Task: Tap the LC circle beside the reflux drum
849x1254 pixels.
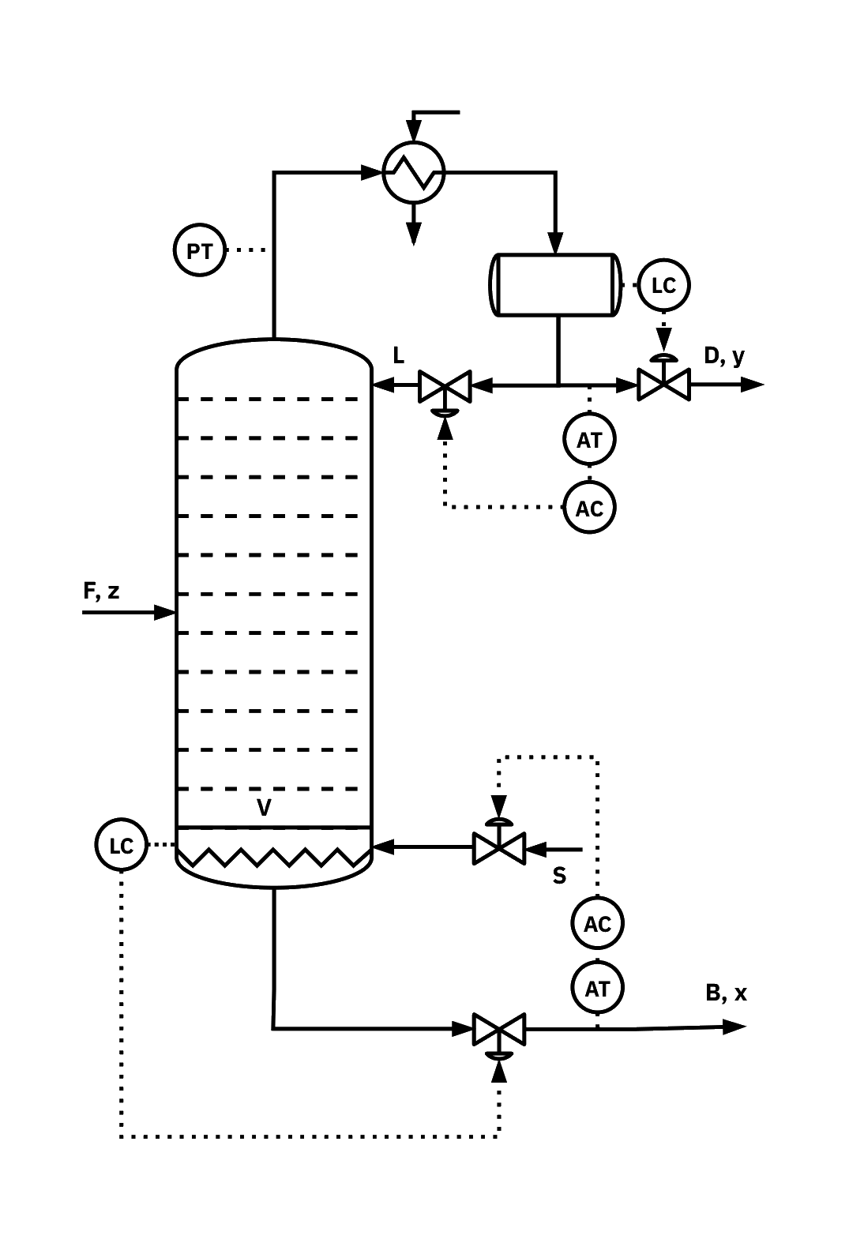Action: click(x=664, y=284)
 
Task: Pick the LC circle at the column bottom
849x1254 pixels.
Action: click(x=120, y=846)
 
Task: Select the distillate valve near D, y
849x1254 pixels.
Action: click(x=663, y=385)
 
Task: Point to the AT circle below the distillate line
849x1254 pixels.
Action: click(x=590, y=439)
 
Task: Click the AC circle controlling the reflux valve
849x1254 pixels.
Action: click(x=590, y=507)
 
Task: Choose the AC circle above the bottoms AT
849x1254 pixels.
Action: click(x=598, y=922)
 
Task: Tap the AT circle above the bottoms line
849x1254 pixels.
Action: click(x=598, y=987)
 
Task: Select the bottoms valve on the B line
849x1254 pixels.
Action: click(x=498, y=1029)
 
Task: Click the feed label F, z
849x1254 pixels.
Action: click(x=103, y=591)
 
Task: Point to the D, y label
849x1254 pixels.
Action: click(x=725, y=357)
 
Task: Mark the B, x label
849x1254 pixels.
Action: click(x=727, y=993)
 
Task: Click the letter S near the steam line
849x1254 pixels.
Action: click(x=559, y=875)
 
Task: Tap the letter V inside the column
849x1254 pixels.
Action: click(x=265, y=807)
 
